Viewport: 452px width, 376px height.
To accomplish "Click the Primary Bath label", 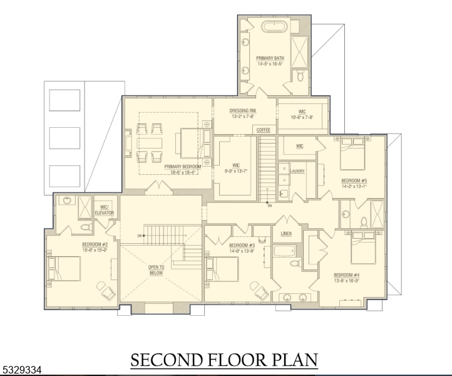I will point(270,60).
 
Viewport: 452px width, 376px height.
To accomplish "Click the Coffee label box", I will point(263,130).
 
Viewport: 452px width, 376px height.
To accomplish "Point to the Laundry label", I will point(297,170).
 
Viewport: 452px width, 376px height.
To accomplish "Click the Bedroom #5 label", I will point(354,182).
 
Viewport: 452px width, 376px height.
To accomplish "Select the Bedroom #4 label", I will point(346,278).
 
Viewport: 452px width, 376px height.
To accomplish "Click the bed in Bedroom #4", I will point(364,248).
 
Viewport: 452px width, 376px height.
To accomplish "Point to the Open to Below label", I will point(156,270).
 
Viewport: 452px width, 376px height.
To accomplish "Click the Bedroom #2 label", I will point(95,246).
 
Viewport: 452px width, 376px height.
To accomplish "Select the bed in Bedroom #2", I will point(65,269).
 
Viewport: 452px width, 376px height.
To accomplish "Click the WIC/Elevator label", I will point(105,211).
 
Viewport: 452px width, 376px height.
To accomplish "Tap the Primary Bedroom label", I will point(181,169).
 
